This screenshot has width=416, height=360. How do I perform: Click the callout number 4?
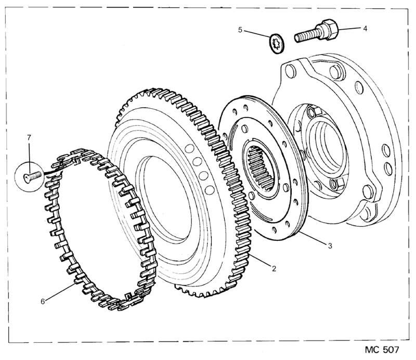click(x=365, y=29)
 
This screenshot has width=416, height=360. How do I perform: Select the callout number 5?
click(x=240, y=30)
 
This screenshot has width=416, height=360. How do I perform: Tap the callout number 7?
click(x=29, y=137)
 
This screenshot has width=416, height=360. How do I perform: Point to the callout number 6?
click(x=43, y=302)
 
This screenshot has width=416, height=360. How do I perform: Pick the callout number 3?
click(x=330, y=246)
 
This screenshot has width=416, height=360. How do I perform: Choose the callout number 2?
click(x=274, y=268)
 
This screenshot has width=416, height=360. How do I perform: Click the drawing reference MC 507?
click(x=382, y=350)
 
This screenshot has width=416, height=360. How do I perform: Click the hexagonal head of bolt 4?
click(x=330, y=29)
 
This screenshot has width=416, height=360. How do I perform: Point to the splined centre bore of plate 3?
click(x=261, y=169)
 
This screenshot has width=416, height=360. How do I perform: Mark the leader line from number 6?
click(x=60, y=292)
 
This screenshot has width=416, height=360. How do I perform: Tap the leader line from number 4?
click(x=349, y=28)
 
